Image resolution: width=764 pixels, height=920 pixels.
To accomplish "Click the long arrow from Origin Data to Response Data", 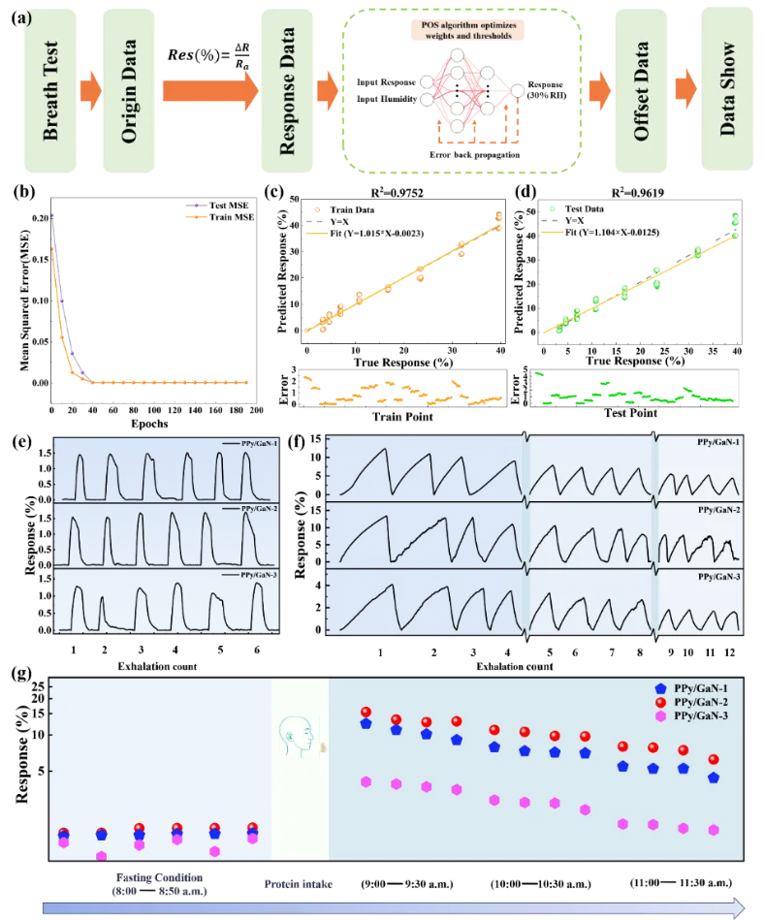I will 209,91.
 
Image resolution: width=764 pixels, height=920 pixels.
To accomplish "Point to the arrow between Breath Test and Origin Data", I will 90,91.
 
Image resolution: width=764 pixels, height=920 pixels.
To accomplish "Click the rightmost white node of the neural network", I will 518,91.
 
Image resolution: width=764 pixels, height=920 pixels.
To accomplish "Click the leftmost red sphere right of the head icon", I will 366,713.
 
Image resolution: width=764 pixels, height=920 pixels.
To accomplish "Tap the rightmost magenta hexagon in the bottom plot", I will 715,830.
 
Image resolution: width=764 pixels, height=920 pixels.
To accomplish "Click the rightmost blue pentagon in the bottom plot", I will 715,777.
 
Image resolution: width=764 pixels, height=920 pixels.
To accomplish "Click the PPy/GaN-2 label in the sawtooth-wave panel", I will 718,510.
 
